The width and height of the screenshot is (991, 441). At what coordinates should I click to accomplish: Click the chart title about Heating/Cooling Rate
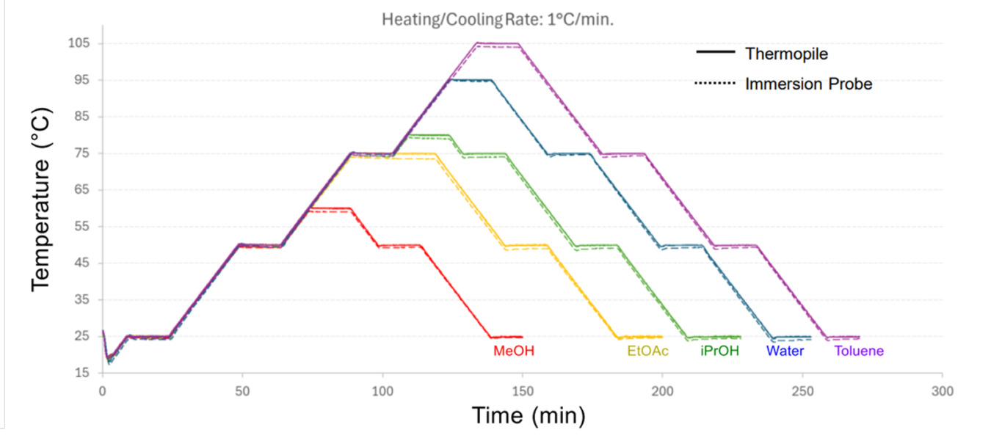[497, 20]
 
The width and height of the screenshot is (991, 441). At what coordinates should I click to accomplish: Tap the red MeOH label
[514, 351]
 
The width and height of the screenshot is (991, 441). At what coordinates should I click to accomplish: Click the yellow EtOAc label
[647, 351]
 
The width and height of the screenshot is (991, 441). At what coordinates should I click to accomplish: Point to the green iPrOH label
[719, 351]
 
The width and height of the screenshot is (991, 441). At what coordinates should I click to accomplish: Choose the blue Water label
[785, 351]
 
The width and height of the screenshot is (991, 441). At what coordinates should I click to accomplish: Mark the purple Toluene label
[859, 351]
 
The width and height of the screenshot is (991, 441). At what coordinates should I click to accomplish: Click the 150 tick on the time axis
[522, 392]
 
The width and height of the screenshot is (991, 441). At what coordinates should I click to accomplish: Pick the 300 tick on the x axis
[942, 392]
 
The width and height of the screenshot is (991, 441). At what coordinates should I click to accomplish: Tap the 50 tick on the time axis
[242, 392]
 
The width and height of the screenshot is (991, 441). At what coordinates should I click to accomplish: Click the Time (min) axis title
[528, 415]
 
